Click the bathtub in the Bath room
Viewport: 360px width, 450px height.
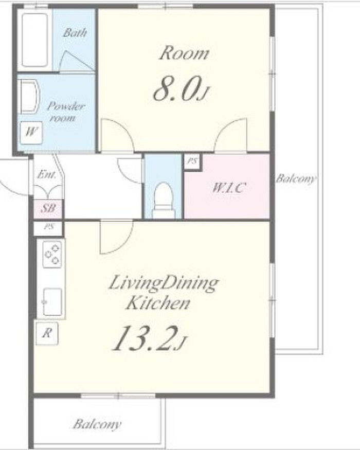[35, 40]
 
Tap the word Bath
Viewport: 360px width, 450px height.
[75, 32]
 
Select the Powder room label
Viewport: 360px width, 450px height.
[65, 112]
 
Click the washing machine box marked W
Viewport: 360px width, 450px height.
[31, 132]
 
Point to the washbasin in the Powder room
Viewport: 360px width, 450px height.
[29, 97]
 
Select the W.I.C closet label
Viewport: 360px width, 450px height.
[228, 188]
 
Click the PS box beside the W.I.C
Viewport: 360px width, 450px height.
[192, 161]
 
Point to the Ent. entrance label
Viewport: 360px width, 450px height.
[46, 174]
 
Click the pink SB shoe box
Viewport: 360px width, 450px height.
[48, 208]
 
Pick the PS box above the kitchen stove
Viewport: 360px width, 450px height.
[49, 227]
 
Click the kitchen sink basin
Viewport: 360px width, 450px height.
[52, 301]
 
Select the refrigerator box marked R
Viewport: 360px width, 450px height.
[47, 333]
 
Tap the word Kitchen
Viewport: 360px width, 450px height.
[158, 303]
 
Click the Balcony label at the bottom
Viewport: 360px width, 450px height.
[97, 424]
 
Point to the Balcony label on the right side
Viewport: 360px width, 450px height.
[295, 179]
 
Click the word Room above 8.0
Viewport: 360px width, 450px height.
[184, 53]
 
